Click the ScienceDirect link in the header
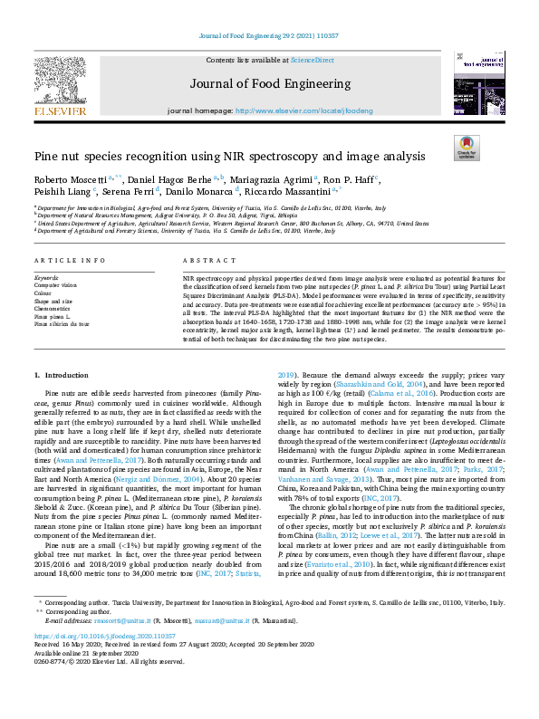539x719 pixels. pos(312,59)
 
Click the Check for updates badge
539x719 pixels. pos(466,148)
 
